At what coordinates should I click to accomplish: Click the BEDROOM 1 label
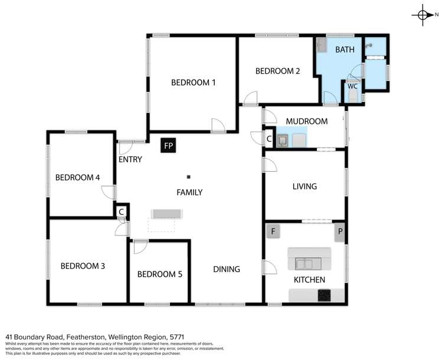193,83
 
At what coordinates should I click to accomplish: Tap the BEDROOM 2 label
277,71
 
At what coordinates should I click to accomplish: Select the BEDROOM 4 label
77,177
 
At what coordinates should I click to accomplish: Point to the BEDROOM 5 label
159,274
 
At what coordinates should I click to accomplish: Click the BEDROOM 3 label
83,266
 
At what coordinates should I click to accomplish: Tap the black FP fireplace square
169,145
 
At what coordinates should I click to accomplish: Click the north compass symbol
423,15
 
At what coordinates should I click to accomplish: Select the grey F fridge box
273,231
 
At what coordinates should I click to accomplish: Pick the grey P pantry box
339,232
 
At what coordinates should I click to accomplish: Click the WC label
352,86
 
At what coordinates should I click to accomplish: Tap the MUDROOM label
306,121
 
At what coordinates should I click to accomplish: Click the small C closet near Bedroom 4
121,211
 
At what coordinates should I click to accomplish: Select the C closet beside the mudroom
269,139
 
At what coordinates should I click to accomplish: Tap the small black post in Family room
189,176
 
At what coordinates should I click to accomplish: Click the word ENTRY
130,159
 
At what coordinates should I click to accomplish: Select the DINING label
227,269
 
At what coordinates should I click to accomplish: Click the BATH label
345,50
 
